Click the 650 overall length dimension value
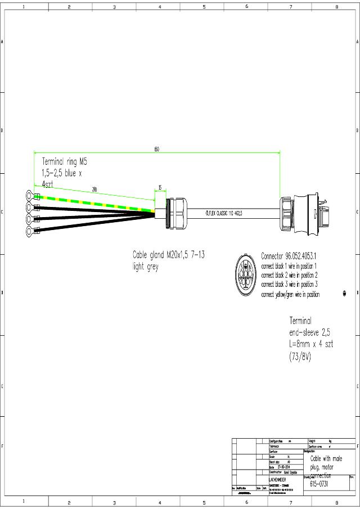click(x=156, y=149)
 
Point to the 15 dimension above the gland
click(x=160, y=187)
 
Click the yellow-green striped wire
click(x=96, y=203)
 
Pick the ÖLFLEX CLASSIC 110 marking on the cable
click(x=228, y=213)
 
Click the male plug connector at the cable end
click(x=304, y=213)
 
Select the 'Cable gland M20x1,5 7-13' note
click(x=168, y=255)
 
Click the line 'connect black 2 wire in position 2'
click(x=290, y=276)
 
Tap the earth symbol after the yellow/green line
click(x=344, y=294)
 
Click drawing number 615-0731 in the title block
click(x=321, y=484)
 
